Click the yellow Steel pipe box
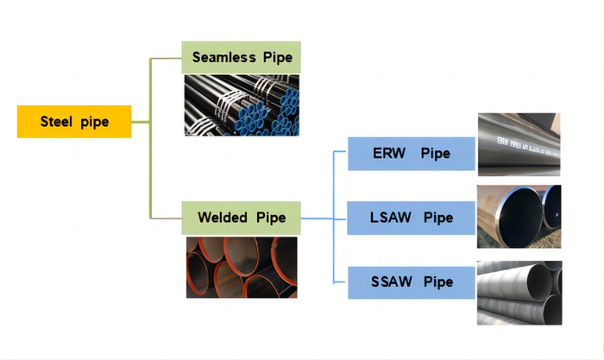click(74, 122)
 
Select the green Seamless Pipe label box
click(242, 58)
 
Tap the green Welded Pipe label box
click(242, 217)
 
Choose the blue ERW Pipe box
click(412, 154)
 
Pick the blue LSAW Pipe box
click(412, 218)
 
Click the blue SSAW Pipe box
click(412, 282)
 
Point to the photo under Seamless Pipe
click(242, 104)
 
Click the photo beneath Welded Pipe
click(242, 267)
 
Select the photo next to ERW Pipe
click(519, 144)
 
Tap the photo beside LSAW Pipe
click(519, 216)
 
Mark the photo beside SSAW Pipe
click(519, 293)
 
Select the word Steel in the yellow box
click(58, 122)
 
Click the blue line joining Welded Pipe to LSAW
click(319, 217)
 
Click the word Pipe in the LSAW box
click(438, 218)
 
